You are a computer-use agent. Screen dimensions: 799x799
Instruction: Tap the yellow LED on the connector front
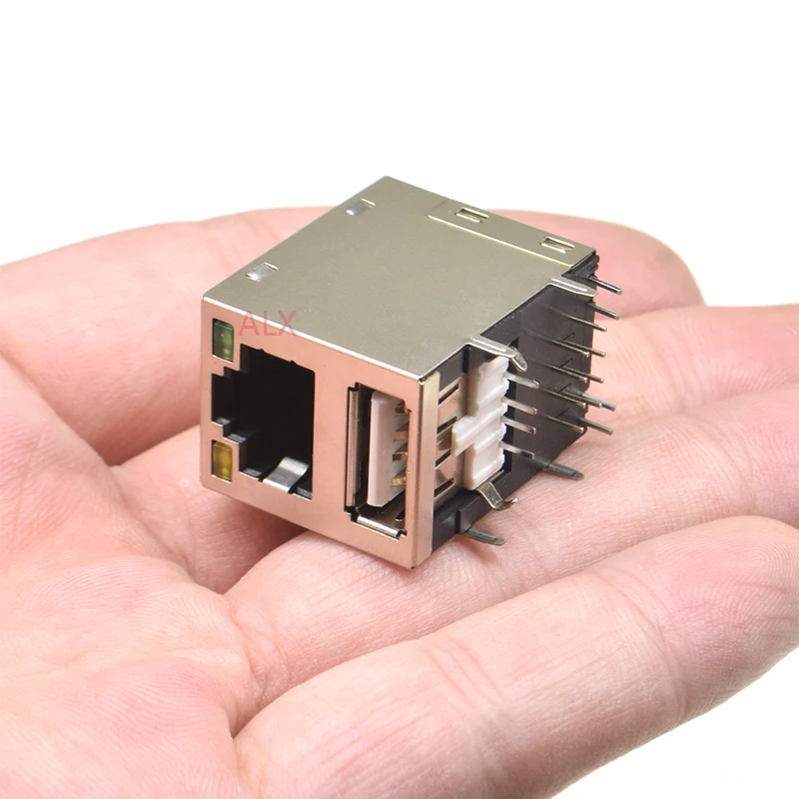coord(223,461)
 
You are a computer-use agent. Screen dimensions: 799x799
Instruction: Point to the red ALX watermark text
coord(268,323)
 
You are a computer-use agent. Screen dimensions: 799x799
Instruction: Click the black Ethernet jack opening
coord(264,418)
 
